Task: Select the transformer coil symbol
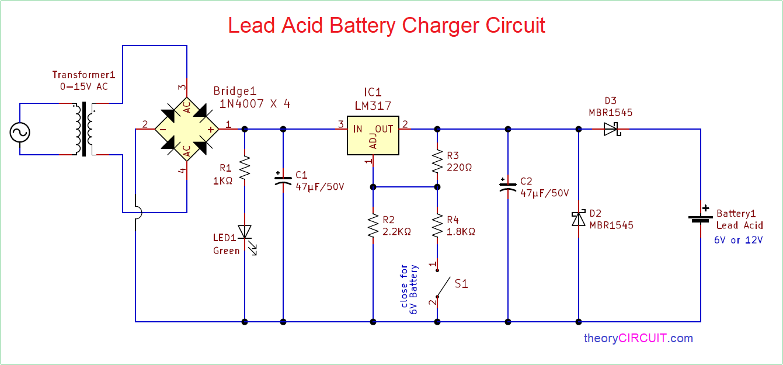tap(85, 130)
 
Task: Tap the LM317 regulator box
tap(373, 135)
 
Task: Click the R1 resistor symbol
tap(245, 168)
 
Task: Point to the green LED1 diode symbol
tap(245, 232)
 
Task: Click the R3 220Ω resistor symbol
tap(437, 162)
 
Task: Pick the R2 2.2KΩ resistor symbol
tap(373, 226)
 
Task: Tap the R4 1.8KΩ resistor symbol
tap(437, 226)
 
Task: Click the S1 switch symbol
tap(442, 286)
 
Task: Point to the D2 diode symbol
tap(579, 218)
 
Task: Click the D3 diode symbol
tap(611, 129)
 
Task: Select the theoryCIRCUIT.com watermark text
tap(638, 338)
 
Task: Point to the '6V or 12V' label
tap(739, 240)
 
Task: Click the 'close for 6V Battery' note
tap(409, 290)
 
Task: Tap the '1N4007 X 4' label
tap(255, 104)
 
